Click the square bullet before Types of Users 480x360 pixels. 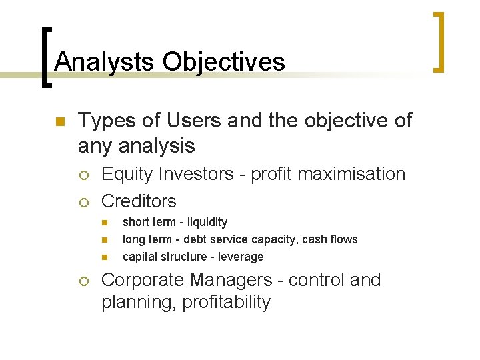59,122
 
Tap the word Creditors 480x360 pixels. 139,201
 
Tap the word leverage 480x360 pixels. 241,257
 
